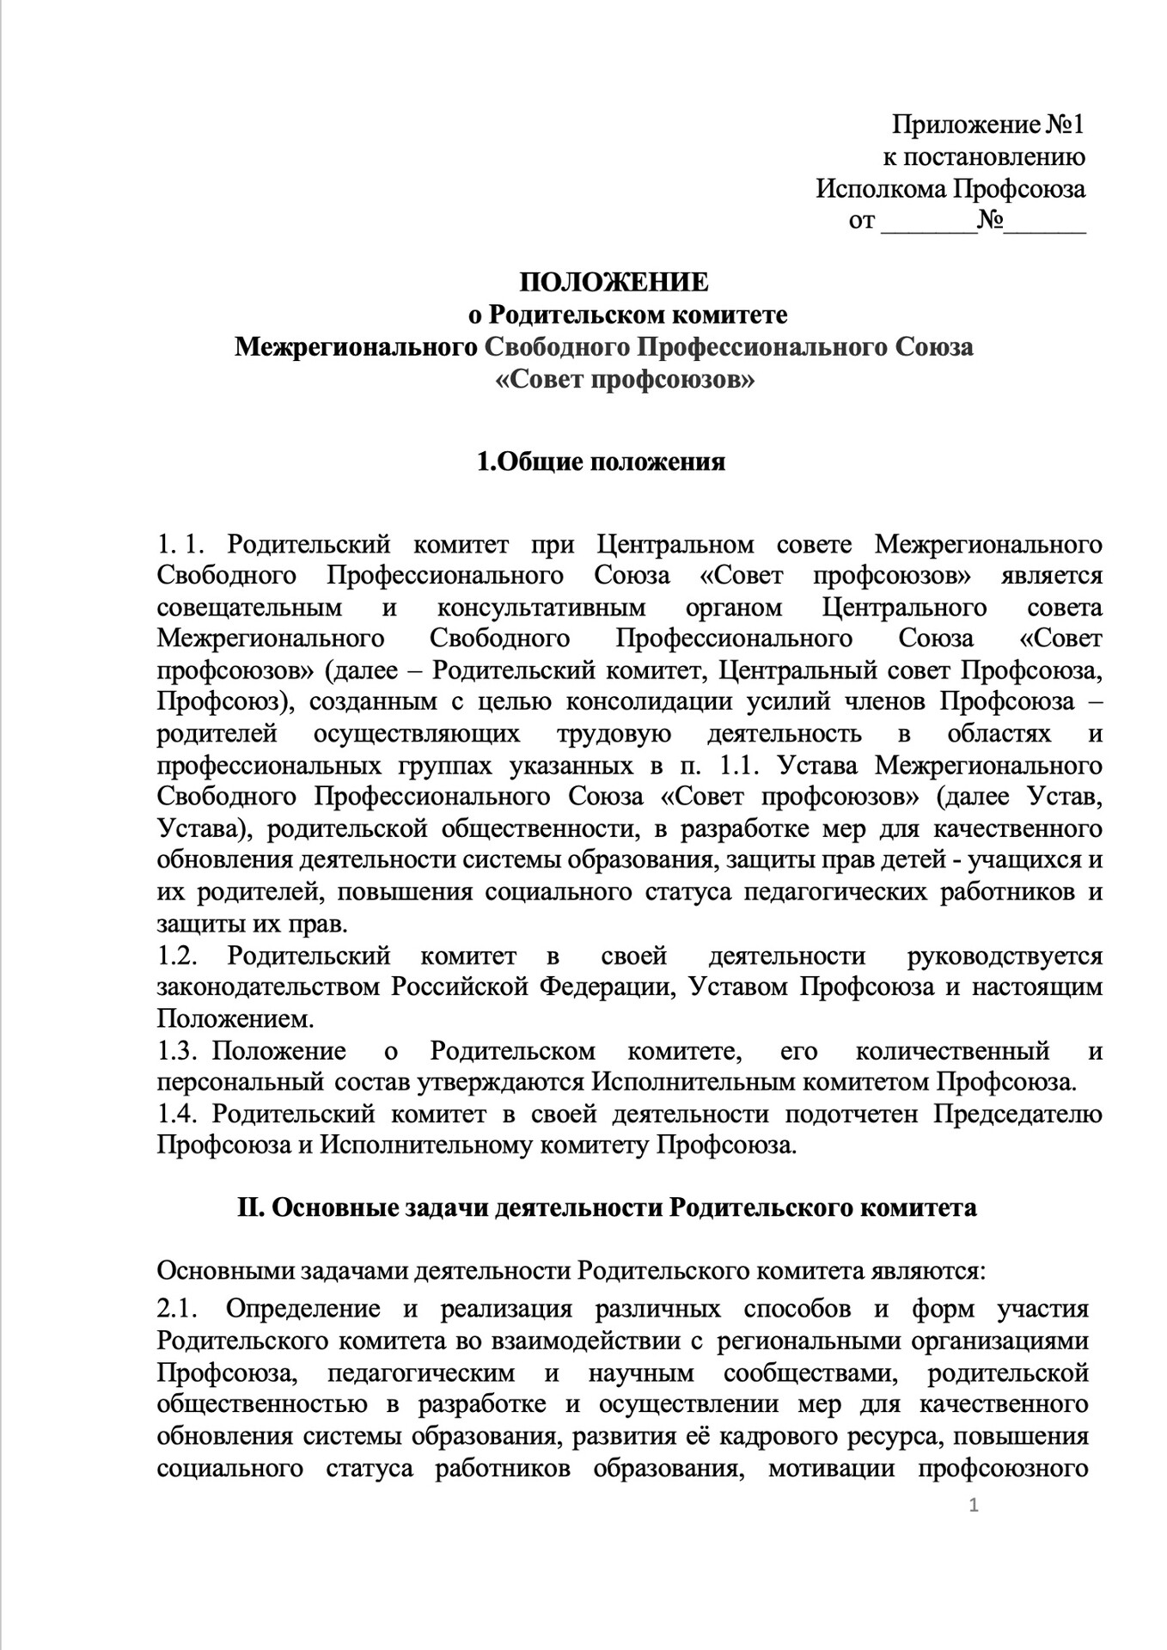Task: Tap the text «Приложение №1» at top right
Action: (987, 125)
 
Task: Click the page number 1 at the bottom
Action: (974, 1528)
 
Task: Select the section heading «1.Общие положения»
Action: (602, 462)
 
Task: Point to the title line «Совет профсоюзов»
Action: (626, 379)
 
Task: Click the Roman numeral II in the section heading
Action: (248, 1207)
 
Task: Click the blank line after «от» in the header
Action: (929, 222)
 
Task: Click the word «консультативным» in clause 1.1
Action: (541, 608)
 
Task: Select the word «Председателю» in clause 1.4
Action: (1017, 1114)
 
